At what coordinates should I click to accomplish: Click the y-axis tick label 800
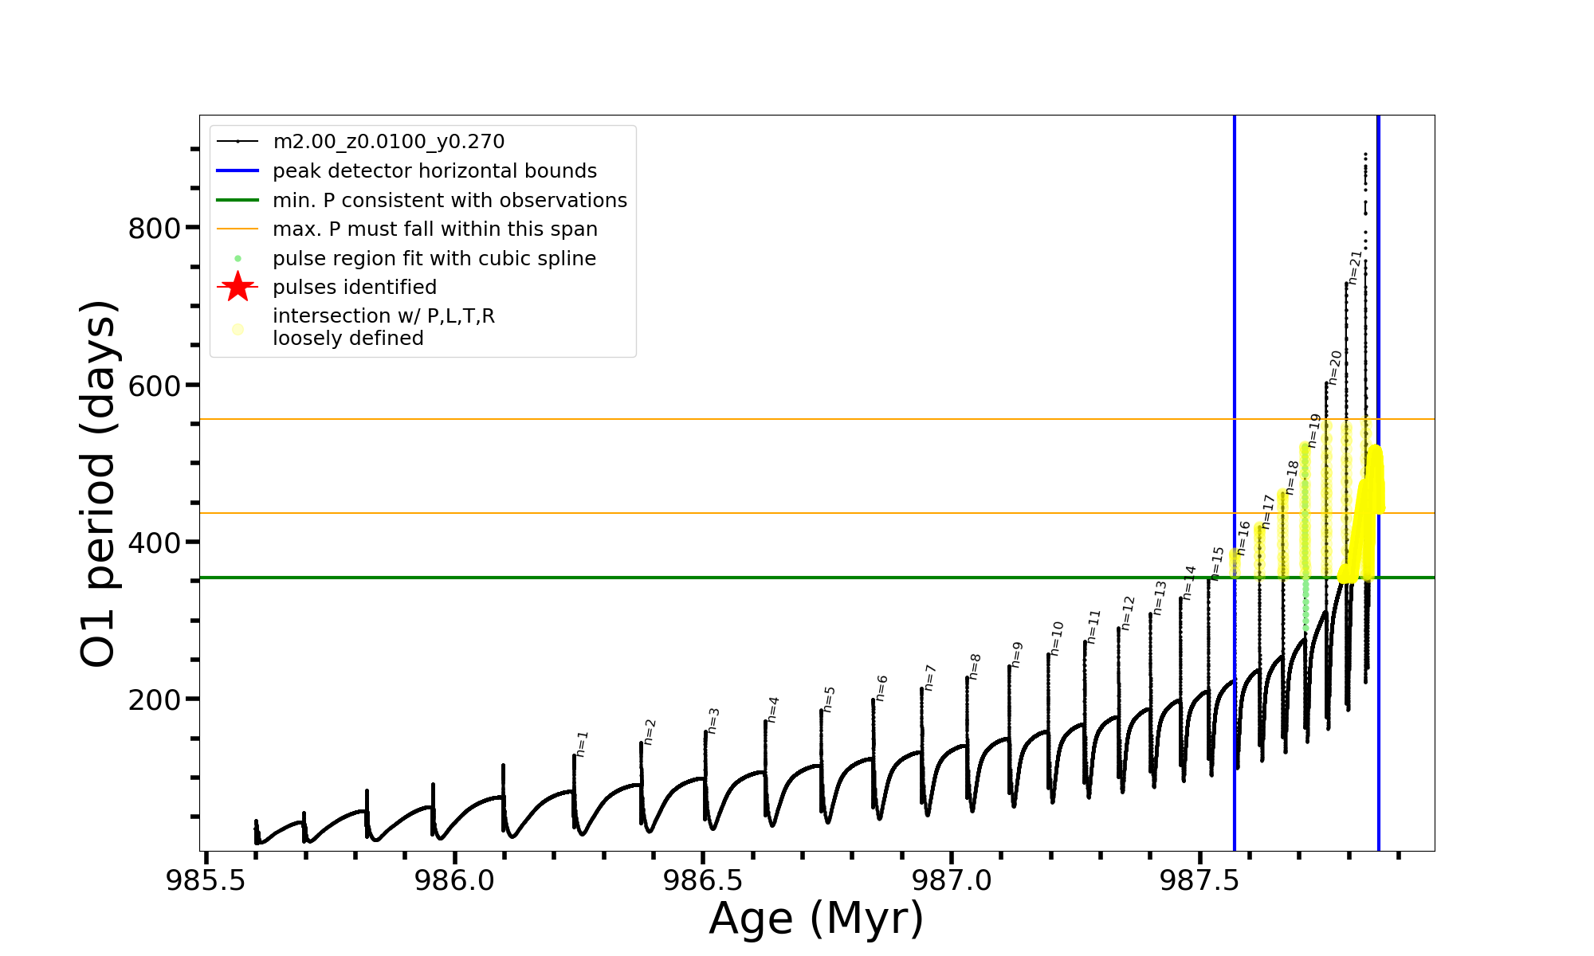tap(154, 229)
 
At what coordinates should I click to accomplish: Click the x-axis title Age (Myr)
tap(816, 919)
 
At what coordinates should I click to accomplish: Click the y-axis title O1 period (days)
tap(99, 484)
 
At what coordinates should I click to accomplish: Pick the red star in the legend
tap(238, 287)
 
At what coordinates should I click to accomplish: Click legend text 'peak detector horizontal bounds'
tap(434, 171)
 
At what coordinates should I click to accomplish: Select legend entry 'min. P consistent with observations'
tap(450, 201)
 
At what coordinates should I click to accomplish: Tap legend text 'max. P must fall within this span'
tap(434, 229)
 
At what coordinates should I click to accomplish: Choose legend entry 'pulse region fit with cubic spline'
tap(434, 259)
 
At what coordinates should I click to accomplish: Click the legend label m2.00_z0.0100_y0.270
tap(388, 142)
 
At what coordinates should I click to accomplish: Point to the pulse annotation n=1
tap(582, 743)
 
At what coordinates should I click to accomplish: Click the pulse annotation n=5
tap(829, 699)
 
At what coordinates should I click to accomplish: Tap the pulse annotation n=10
tap(1057, 639)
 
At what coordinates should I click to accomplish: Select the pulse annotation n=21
tap(1356, 267)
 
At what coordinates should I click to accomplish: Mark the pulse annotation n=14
tap(1189, 582)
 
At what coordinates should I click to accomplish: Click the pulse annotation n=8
tap(975, 666)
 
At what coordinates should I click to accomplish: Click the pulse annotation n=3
tap(713, 720)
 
